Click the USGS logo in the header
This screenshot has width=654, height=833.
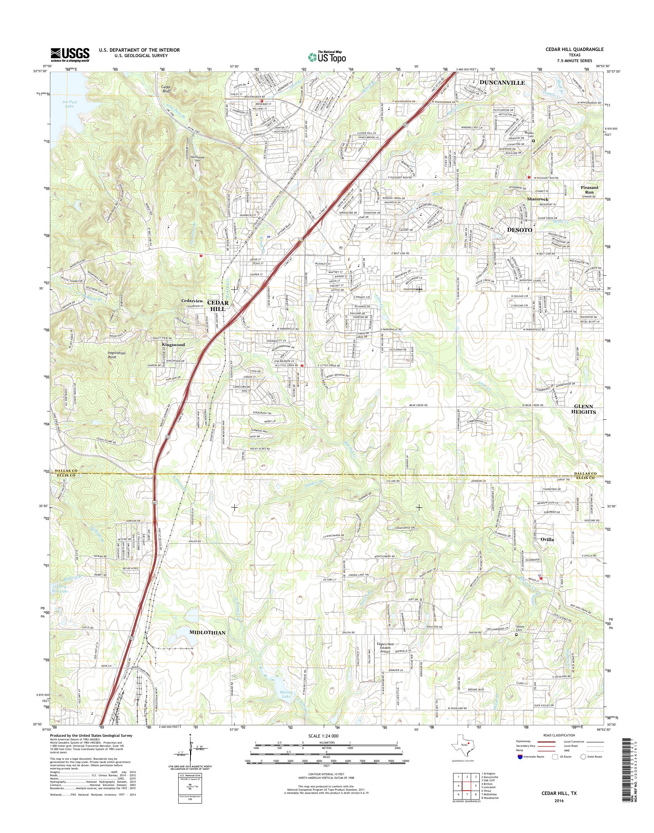[x=70, y=55]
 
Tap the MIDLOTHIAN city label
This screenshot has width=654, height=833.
[x=207, y=633]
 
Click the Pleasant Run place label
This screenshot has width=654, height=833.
[x=589, y=190]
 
